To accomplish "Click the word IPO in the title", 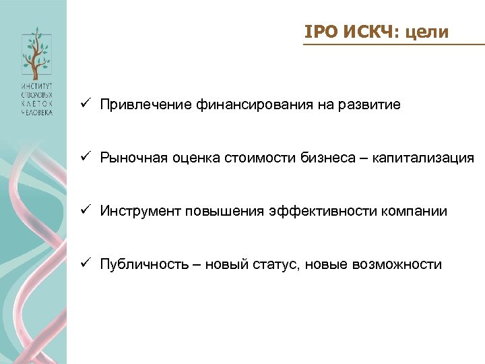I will pos(317,32).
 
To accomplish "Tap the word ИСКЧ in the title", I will pos(363,32).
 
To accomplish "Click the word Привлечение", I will pos(146,105).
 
